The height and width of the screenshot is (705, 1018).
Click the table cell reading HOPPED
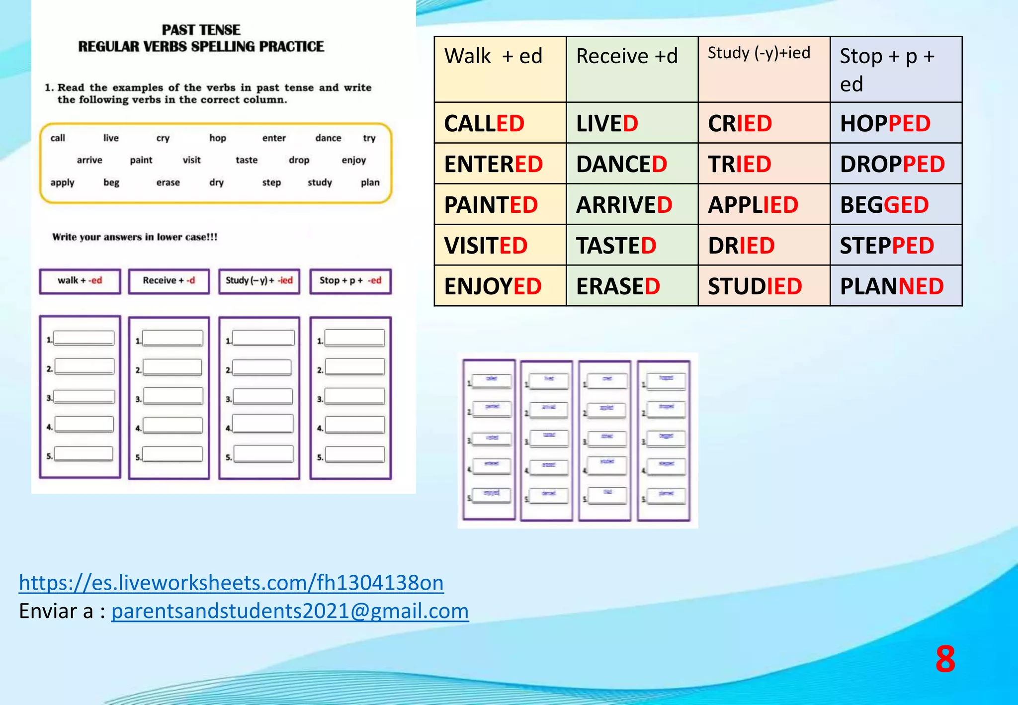896,123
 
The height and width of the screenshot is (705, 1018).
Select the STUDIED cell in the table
764,286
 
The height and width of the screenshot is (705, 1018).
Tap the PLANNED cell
896,286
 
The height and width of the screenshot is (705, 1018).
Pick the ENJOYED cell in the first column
500,286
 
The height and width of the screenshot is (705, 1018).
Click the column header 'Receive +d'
632,69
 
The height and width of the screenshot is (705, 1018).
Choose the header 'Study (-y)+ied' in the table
764,69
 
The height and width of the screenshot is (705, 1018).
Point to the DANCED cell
632,164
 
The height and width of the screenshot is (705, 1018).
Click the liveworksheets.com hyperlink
231,583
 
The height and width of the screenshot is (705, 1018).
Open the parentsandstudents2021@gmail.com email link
290,611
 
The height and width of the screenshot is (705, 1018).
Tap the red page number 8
945,660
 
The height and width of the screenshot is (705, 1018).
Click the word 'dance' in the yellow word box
328,138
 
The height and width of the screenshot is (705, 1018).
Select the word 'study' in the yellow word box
320,182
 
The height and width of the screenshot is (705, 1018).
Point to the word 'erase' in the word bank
168,182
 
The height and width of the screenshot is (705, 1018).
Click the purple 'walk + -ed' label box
80,281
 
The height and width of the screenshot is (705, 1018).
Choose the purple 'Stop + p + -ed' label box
350,281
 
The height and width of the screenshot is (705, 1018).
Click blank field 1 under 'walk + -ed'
84,338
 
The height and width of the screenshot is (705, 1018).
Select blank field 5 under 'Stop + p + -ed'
355,455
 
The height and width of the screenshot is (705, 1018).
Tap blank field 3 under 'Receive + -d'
173,396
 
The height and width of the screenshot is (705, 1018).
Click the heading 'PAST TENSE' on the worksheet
201,30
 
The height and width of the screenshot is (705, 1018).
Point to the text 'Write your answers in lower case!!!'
135,237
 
